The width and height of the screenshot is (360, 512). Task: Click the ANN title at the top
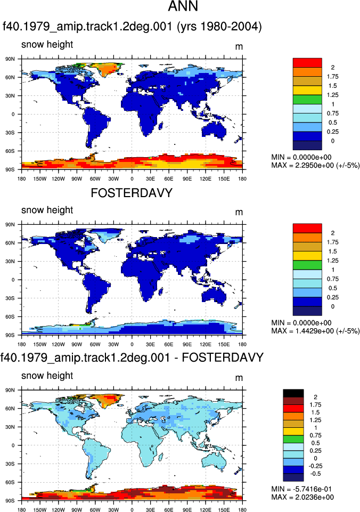(183, 6)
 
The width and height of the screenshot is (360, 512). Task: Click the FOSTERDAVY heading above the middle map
(132, 193)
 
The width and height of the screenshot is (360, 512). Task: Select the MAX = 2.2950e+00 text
(315, 165)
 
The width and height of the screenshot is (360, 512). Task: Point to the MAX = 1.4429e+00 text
(315, 331)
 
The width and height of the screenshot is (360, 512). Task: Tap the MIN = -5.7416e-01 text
(302, 489)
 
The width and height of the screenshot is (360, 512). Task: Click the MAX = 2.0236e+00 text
(302, 497)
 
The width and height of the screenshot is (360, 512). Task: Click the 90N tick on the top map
(10, 59)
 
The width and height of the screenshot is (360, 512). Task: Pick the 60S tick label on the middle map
(10, 316)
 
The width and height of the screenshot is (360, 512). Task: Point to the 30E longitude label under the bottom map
(150, 510)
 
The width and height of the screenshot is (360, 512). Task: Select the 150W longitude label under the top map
(40, 178)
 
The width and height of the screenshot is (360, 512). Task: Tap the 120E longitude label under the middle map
(205, 344)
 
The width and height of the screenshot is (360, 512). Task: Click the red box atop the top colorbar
(307, 63)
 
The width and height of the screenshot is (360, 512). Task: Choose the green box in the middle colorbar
(307, 265)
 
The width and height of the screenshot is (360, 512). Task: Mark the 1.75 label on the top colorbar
(333, 77)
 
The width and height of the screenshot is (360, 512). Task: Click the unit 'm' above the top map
(239, 47)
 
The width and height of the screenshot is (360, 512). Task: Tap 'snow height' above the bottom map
(47, 376)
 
